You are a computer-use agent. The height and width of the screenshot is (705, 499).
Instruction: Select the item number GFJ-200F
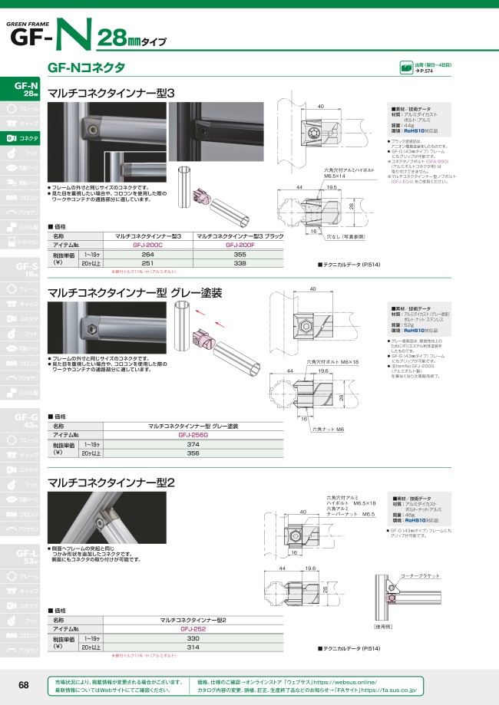click(x=240, y=245)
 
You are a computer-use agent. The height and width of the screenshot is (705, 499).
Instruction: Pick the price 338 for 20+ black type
click(x=240, y=263)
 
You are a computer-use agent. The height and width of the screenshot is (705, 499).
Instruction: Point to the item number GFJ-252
click(x=192, y=628)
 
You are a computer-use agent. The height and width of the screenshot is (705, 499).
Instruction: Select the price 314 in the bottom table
click(x=192, y=647)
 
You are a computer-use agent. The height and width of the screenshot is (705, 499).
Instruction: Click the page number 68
click(x=24, y=685)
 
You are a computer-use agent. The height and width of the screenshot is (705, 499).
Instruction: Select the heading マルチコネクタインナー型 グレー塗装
click(x=134, y=292)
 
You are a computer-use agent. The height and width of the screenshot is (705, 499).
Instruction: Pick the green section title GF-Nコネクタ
click(x=87, y=68)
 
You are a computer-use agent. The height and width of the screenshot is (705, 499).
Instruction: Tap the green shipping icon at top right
click(x=406, y=68)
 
